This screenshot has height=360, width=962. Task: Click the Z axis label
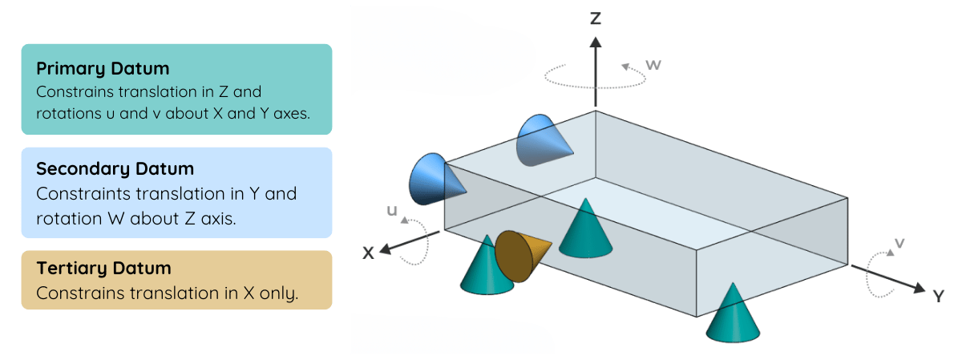click(x=595, y=18)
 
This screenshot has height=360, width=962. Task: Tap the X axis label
click(x=368, y=253)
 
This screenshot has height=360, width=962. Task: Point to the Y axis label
click(x=938, y=296)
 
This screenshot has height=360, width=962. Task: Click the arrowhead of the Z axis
click(x=595, y=42)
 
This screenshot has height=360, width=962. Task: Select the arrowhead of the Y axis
click(x=919, y=288)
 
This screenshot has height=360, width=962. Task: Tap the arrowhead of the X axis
click(x=386, y=249)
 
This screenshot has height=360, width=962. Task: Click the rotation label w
click(x=653, y=65)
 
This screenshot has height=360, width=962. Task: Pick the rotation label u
click(x=392, y=211)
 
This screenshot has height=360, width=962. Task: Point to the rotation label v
click(x=899, y=243)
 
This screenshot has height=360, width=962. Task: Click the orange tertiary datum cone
click(x=520, y=256)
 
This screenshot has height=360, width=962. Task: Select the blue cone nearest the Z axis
click(x=543, y=140)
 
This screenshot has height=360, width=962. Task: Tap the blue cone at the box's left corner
click(x=435, y=179)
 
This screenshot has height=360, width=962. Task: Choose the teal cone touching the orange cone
click(x=487, y=266)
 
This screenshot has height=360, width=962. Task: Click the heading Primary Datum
click(x=103, y=69)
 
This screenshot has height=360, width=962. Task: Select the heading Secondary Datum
click(x=115, y=169)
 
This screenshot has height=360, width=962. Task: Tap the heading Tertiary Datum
click(x=104, y=268)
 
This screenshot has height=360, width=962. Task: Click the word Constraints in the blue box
click(x=83, y=194)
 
